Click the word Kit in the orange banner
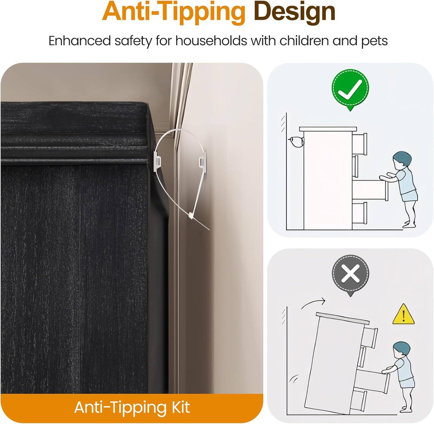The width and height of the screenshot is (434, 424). coord(180,407)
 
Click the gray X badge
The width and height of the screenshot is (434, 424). coord(350,274)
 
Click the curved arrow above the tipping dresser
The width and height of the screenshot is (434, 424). coord(313,304)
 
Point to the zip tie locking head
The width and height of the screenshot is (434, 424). coord(191,215)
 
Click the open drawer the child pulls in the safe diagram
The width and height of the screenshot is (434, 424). coord(370,190)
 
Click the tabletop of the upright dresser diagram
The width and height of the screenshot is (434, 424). coord(328,129)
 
